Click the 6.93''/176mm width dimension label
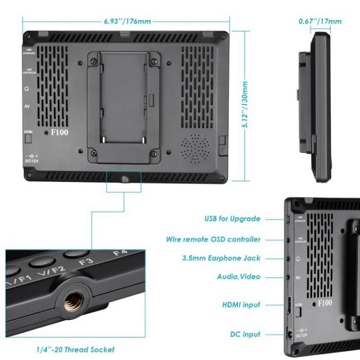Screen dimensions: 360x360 127,22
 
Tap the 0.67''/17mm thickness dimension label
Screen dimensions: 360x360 320,22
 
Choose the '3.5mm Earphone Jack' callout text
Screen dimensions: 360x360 228,258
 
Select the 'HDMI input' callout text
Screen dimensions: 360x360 241,305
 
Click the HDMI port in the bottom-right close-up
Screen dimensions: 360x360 289,305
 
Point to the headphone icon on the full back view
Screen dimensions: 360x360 26,88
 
